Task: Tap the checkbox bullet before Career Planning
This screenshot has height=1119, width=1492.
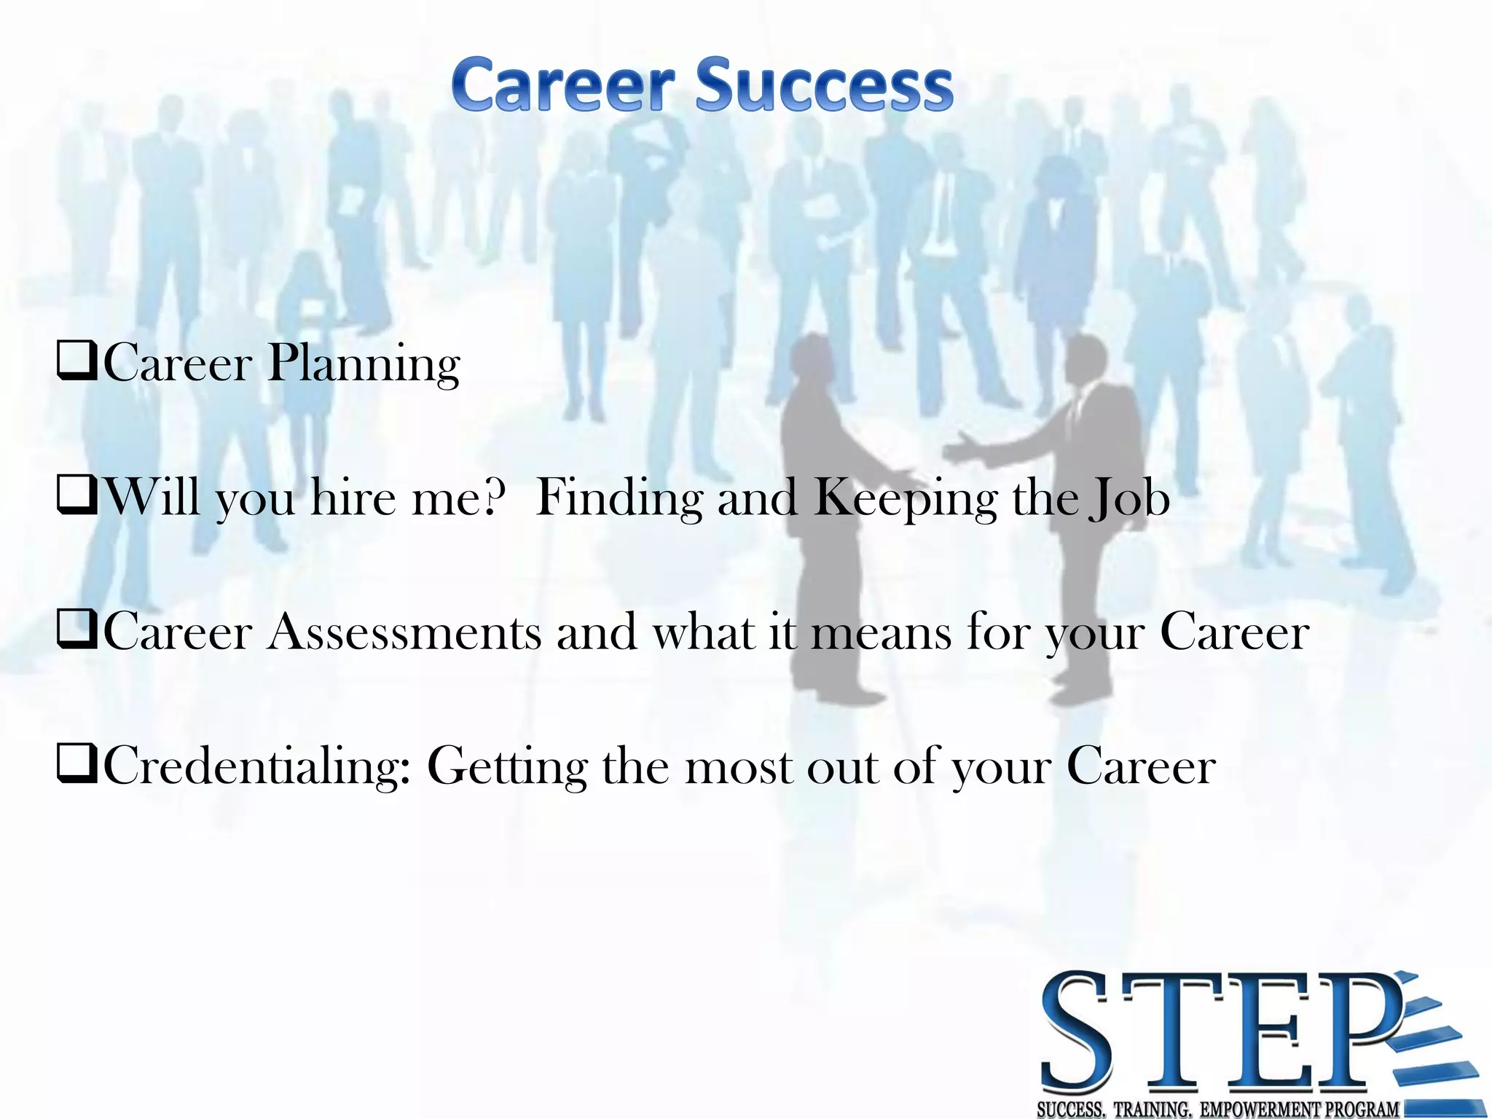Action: coord(76,362)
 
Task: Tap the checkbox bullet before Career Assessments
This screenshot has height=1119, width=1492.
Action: coord(76,630)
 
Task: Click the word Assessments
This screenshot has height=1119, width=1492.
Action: coord(404,632)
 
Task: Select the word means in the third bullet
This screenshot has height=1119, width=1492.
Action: coord(881,632)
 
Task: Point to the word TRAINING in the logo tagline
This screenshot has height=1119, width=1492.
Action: coord(1152,1109)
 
